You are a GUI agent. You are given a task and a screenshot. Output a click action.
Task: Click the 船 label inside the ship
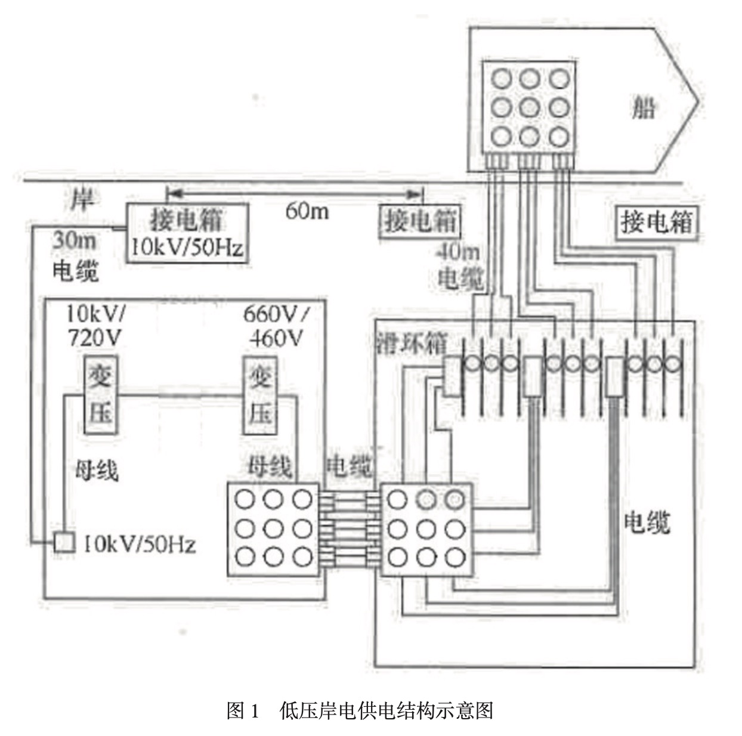click(644, 109)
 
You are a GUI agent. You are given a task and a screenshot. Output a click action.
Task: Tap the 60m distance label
click(307, 210)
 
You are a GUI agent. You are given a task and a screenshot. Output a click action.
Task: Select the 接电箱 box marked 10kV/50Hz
click(187, 232)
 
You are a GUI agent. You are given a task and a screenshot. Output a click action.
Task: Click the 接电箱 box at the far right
click(657, 223)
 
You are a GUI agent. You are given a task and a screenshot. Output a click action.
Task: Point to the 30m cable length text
click(74, 240)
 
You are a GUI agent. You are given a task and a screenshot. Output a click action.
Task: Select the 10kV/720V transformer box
click(100, 395)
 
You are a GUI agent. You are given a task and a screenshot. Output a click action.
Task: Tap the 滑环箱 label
click(412, 344)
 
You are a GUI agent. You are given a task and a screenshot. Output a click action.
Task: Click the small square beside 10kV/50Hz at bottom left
click(64, 542)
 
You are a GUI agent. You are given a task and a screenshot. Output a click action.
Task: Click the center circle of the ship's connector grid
click(529, 108)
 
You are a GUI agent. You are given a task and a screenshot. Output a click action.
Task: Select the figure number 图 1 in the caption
click(243, 710)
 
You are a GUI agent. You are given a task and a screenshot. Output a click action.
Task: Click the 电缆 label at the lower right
click(647, 523)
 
